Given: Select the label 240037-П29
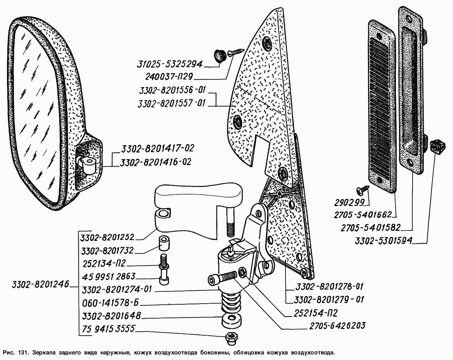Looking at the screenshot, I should pos(170,76).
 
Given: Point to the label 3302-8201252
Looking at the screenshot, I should pos(107,238).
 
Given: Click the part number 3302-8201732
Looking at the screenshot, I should pos(107,251).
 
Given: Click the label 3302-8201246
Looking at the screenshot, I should pos(35,283).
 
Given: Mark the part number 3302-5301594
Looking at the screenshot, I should pos(383,241).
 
